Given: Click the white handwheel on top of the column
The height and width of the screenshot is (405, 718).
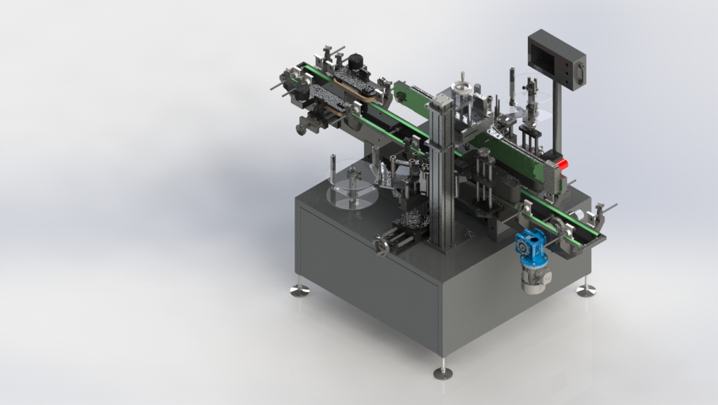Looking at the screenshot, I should (461, 88).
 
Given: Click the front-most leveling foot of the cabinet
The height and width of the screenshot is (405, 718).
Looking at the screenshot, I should (442, 373).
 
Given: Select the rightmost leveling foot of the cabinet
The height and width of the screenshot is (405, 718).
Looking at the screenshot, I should (586, 289).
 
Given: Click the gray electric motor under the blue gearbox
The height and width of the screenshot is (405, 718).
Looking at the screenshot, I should (536, 277).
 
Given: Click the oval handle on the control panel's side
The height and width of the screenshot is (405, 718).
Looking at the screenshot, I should (579, 72).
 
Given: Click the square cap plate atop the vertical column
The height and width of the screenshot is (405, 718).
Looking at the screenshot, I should (440, 102).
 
